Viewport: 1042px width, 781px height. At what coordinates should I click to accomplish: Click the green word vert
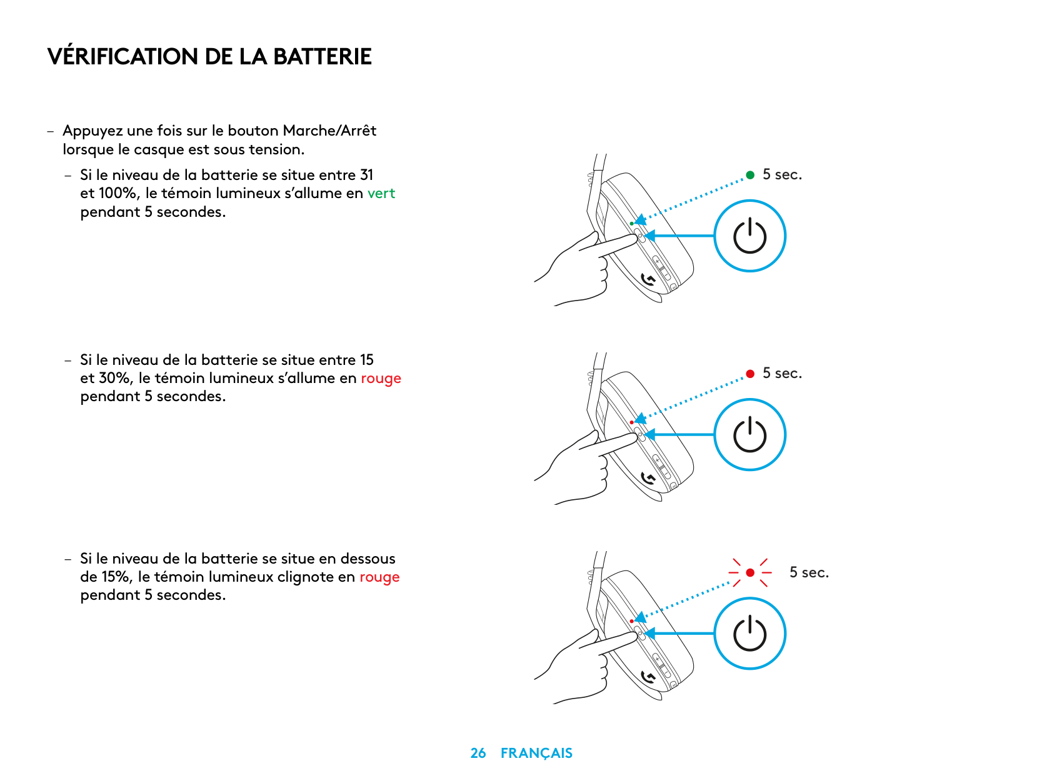point(381,193)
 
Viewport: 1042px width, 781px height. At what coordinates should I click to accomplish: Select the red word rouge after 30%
point(381,378)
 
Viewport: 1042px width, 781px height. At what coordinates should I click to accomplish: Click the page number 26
point(478,753)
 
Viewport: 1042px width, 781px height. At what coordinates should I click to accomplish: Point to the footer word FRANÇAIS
point(536,753)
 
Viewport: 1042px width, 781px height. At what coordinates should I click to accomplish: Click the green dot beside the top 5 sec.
point(750,175)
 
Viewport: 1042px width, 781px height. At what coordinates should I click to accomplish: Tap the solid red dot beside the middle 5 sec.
point(750,374)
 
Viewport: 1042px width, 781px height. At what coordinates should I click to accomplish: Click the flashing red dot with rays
point(750,572)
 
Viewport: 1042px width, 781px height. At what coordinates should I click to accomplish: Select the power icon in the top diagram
point(749,236)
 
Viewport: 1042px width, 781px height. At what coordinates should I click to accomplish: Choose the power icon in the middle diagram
point(749,435)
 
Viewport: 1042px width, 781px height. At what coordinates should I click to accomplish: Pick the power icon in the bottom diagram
point(749,634)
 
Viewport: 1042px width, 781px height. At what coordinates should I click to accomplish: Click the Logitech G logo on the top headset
point(648,279)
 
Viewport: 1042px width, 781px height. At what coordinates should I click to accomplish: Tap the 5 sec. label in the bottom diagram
point(809,572)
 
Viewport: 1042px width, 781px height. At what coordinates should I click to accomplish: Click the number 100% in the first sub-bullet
point(118,193)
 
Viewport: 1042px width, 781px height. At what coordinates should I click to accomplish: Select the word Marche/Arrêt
point(329,131)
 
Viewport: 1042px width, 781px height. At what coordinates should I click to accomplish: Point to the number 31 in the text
point(366,175)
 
